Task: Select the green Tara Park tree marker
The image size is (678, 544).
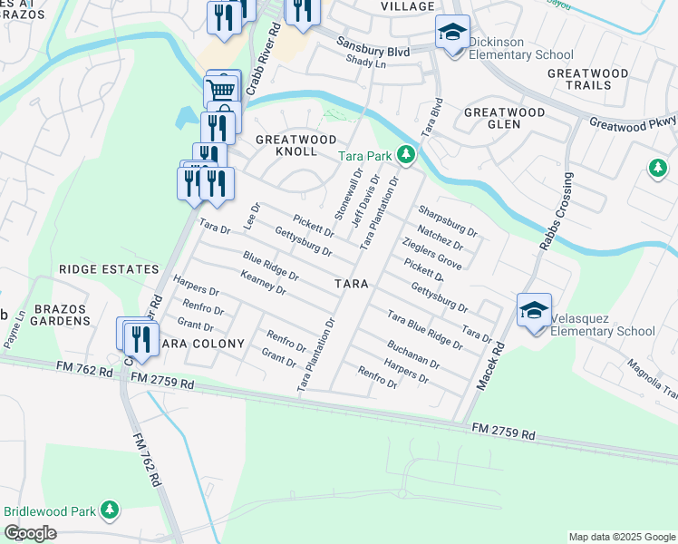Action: pyautogui.click(x=406, y=156)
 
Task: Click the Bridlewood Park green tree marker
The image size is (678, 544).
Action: pyautogui.click(x=110, y=510)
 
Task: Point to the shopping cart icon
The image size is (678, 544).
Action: pyautogui.click(x=221, y=90)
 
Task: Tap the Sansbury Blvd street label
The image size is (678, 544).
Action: pyautogui.click(x=373, y=44)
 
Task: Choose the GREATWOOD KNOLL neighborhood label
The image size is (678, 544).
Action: pyautogui.click(x=295, y=145)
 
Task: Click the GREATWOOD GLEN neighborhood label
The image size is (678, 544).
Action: pyautogui.click(x=505, y=119)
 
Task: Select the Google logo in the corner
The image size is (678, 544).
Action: pyautogui.click(x=30, y=533)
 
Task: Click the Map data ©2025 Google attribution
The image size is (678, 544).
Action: pyautogui.click(x=621, y=537)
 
